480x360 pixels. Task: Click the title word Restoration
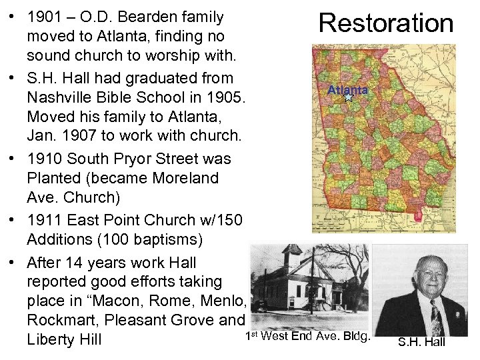pyautogui.click(x=386, y=23)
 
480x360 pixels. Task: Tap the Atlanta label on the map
pyautogui.click(x=347, y=89)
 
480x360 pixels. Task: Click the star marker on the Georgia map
pyautogui.click(x=347, y=97)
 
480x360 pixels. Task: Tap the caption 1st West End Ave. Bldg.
pyautogui.click(x=307, y=336)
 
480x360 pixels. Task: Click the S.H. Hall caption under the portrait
pyautogui.click(x=421, y=342)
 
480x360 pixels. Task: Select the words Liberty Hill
pyautogui.click(x=65, y=340)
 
